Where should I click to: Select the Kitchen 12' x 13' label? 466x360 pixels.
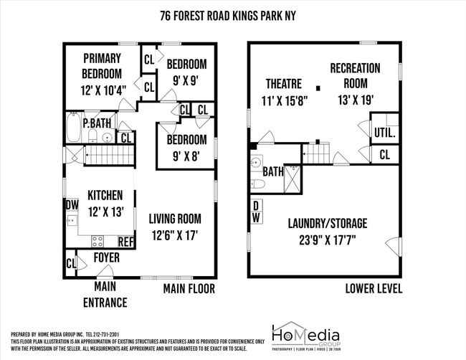pyautogui.click(x=105, y=202)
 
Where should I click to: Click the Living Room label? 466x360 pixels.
pyautogui.click(x=174, y=226)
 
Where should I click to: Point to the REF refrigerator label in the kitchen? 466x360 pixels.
pyautogui.click(x=126, y=242)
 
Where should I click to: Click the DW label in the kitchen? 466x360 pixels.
pyautogui.click(x=72, y=204)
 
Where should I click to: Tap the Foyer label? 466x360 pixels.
pyautogui.click(x=106, y=257)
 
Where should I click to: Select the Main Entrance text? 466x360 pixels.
pyautogui.click(x=105, y=295)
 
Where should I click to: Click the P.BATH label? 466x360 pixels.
pyautogui.click(x=96, y=123)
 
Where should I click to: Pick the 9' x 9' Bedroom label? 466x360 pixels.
pyautogui.click(x=186, y=72)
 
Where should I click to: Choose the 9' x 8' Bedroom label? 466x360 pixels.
pyautogui.click(x=186, y=146)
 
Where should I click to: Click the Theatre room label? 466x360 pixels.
pyautogui.click(x=283, y=91)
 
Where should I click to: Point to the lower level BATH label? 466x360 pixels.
pyautogui.click(x=272, y=172)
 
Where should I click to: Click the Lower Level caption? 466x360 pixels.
pyautogui.click(x=373, y=288)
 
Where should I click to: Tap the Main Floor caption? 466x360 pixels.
pyautogui.click(x=188, y=288)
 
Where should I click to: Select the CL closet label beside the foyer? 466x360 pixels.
pyautogui.click(x=71, y=263)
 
